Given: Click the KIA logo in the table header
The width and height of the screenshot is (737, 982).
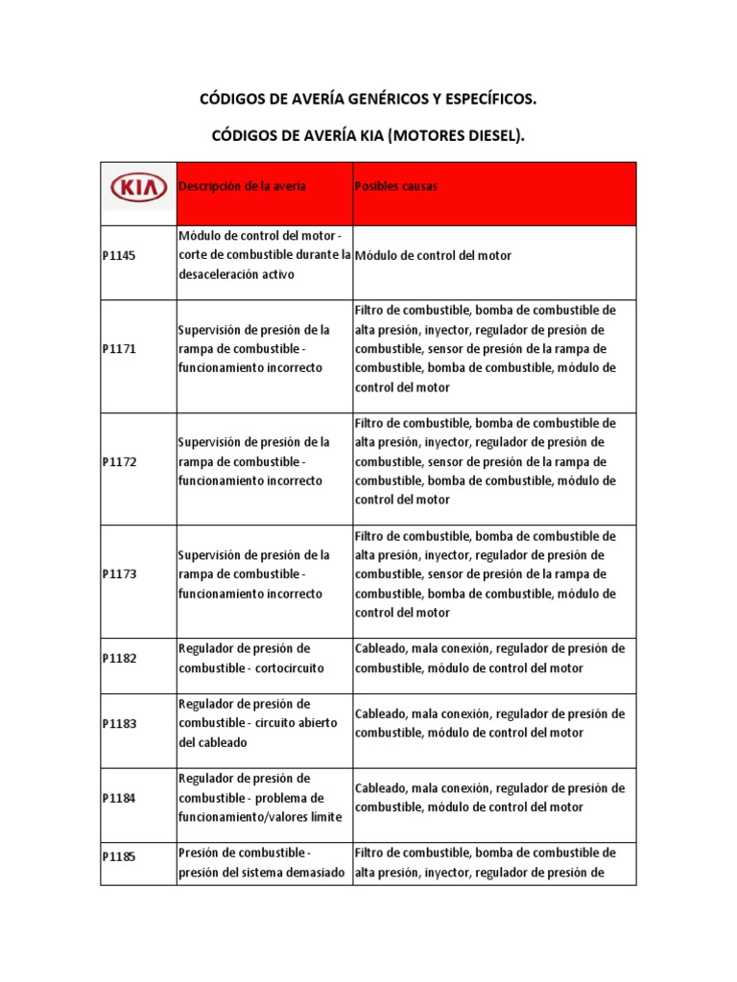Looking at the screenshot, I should pos(138,188).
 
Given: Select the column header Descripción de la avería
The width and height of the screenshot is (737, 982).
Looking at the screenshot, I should pos(242,186).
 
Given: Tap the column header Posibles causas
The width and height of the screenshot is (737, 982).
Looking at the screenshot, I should pos(395,186).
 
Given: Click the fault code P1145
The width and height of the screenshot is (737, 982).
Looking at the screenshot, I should pos(119,256).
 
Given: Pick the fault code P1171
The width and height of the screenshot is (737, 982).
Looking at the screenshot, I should pos(119,349).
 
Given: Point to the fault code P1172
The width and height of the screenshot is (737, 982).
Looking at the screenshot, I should pos(119,462).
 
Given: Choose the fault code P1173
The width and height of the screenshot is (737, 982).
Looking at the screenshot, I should pos(119,574).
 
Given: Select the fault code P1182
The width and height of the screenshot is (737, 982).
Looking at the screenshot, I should pos(119,659).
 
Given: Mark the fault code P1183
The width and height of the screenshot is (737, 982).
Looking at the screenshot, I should pos(119,723).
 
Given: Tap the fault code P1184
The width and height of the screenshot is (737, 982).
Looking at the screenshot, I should pos(119,798).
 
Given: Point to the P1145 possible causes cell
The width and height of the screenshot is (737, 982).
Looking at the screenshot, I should pos(433,256).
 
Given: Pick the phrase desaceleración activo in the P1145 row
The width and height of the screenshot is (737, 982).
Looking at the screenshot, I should pos(235,274).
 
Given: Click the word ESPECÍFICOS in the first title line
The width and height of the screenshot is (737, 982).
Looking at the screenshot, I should pos(485,99).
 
